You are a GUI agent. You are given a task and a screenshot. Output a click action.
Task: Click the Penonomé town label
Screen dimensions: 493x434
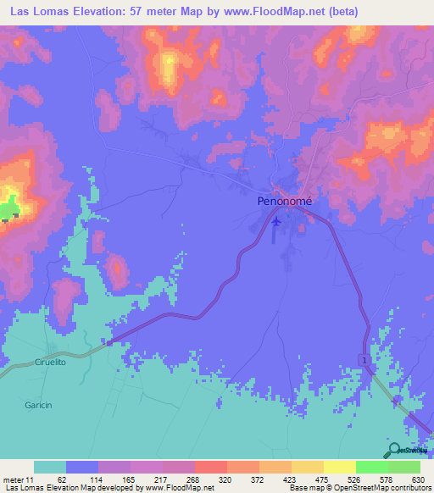click(285, 202)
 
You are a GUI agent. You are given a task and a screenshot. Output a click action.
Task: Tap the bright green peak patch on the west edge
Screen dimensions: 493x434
click(9, 207)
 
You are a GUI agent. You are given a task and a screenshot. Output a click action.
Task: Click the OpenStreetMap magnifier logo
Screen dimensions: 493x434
click(392, 450)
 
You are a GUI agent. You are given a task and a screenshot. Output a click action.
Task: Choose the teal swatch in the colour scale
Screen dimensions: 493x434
click(50, 467)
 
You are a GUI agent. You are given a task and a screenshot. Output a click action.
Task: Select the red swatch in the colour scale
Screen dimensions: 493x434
click(211, 467)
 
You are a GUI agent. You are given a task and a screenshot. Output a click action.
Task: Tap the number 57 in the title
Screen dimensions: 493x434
click(136, 12)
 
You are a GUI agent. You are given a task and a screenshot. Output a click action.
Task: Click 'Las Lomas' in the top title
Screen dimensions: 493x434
click(37, 12)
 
